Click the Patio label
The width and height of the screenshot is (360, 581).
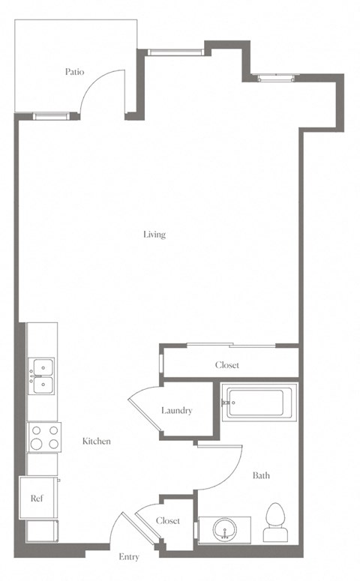click(x=74, y=71)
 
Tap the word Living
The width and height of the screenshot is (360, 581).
click(x=154, y=235)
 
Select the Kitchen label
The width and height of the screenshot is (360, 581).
click(x=97, y=441)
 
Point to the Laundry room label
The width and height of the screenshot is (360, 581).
click(x=177, y=411)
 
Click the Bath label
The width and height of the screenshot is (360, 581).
click(x=261, y=475)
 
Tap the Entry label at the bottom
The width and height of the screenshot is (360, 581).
click(x=129, y=557)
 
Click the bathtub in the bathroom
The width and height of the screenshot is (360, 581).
click(x=259, y=403)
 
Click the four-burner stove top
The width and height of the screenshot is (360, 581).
click(x=44, y=437)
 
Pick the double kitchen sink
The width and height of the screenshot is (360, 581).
click(x=42, y=376)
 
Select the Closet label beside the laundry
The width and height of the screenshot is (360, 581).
click(x=227, y=365)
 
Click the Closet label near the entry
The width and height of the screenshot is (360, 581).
click(x=168, y=520)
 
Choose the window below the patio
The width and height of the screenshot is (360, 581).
click(x=50, y=116)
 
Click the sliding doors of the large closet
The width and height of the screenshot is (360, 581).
click(x=231, y=345)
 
